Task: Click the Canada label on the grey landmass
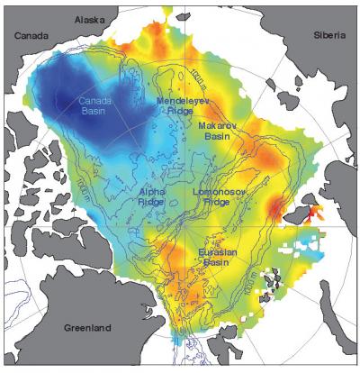click(x=29, y=36)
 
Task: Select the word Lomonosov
click(x=220, y=191)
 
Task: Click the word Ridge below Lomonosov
click(x=219, y=203)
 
